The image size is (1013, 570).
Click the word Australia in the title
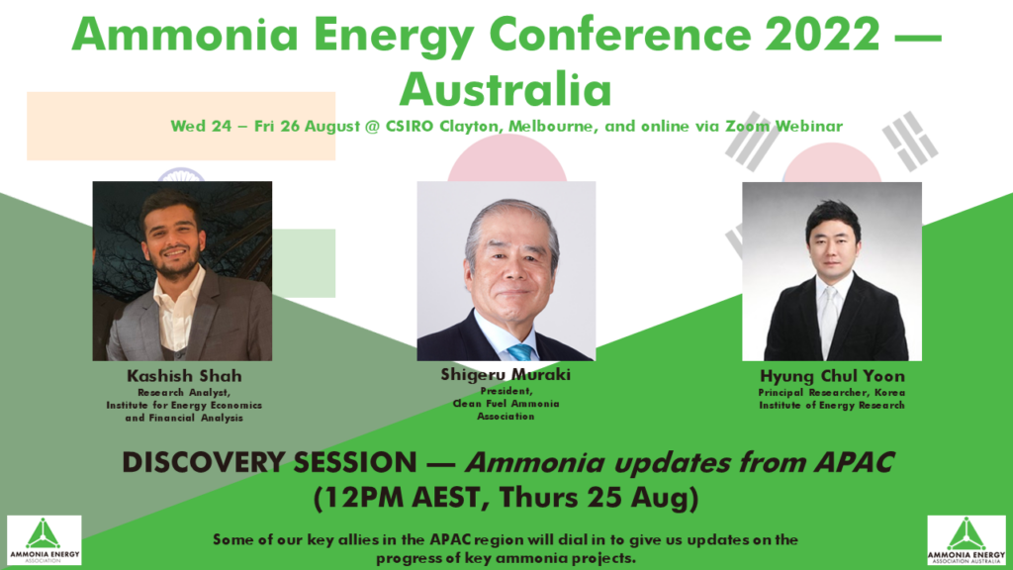[x=506, y=90]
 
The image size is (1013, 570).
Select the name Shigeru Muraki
[x=506, y=376]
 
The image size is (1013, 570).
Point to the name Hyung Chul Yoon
[x=832, y=377]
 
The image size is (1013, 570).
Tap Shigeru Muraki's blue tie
[x=518, y=351]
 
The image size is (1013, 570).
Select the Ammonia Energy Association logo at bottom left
[x=44, y=539]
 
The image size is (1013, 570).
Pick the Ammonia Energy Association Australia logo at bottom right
[x=966, y=540]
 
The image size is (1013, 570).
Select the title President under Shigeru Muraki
[x=506, y=391]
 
